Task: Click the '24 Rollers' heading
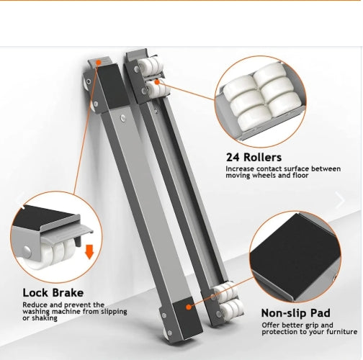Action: coord(254,158)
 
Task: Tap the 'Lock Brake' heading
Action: coord(53,293)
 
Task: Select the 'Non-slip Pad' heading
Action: coord(295,313)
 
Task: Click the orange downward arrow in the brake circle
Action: coord(89,252)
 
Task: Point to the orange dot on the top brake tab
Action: coord(99,63)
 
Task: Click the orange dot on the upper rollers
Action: coord(157,82)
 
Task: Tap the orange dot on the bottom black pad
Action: coord(189,307)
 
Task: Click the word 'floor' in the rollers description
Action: coord(300,176)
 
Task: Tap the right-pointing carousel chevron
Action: coord(340,200)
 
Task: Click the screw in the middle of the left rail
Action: coord(123,118)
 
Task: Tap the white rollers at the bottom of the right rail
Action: coord(228,300)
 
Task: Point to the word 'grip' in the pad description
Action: coord(311,325)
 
